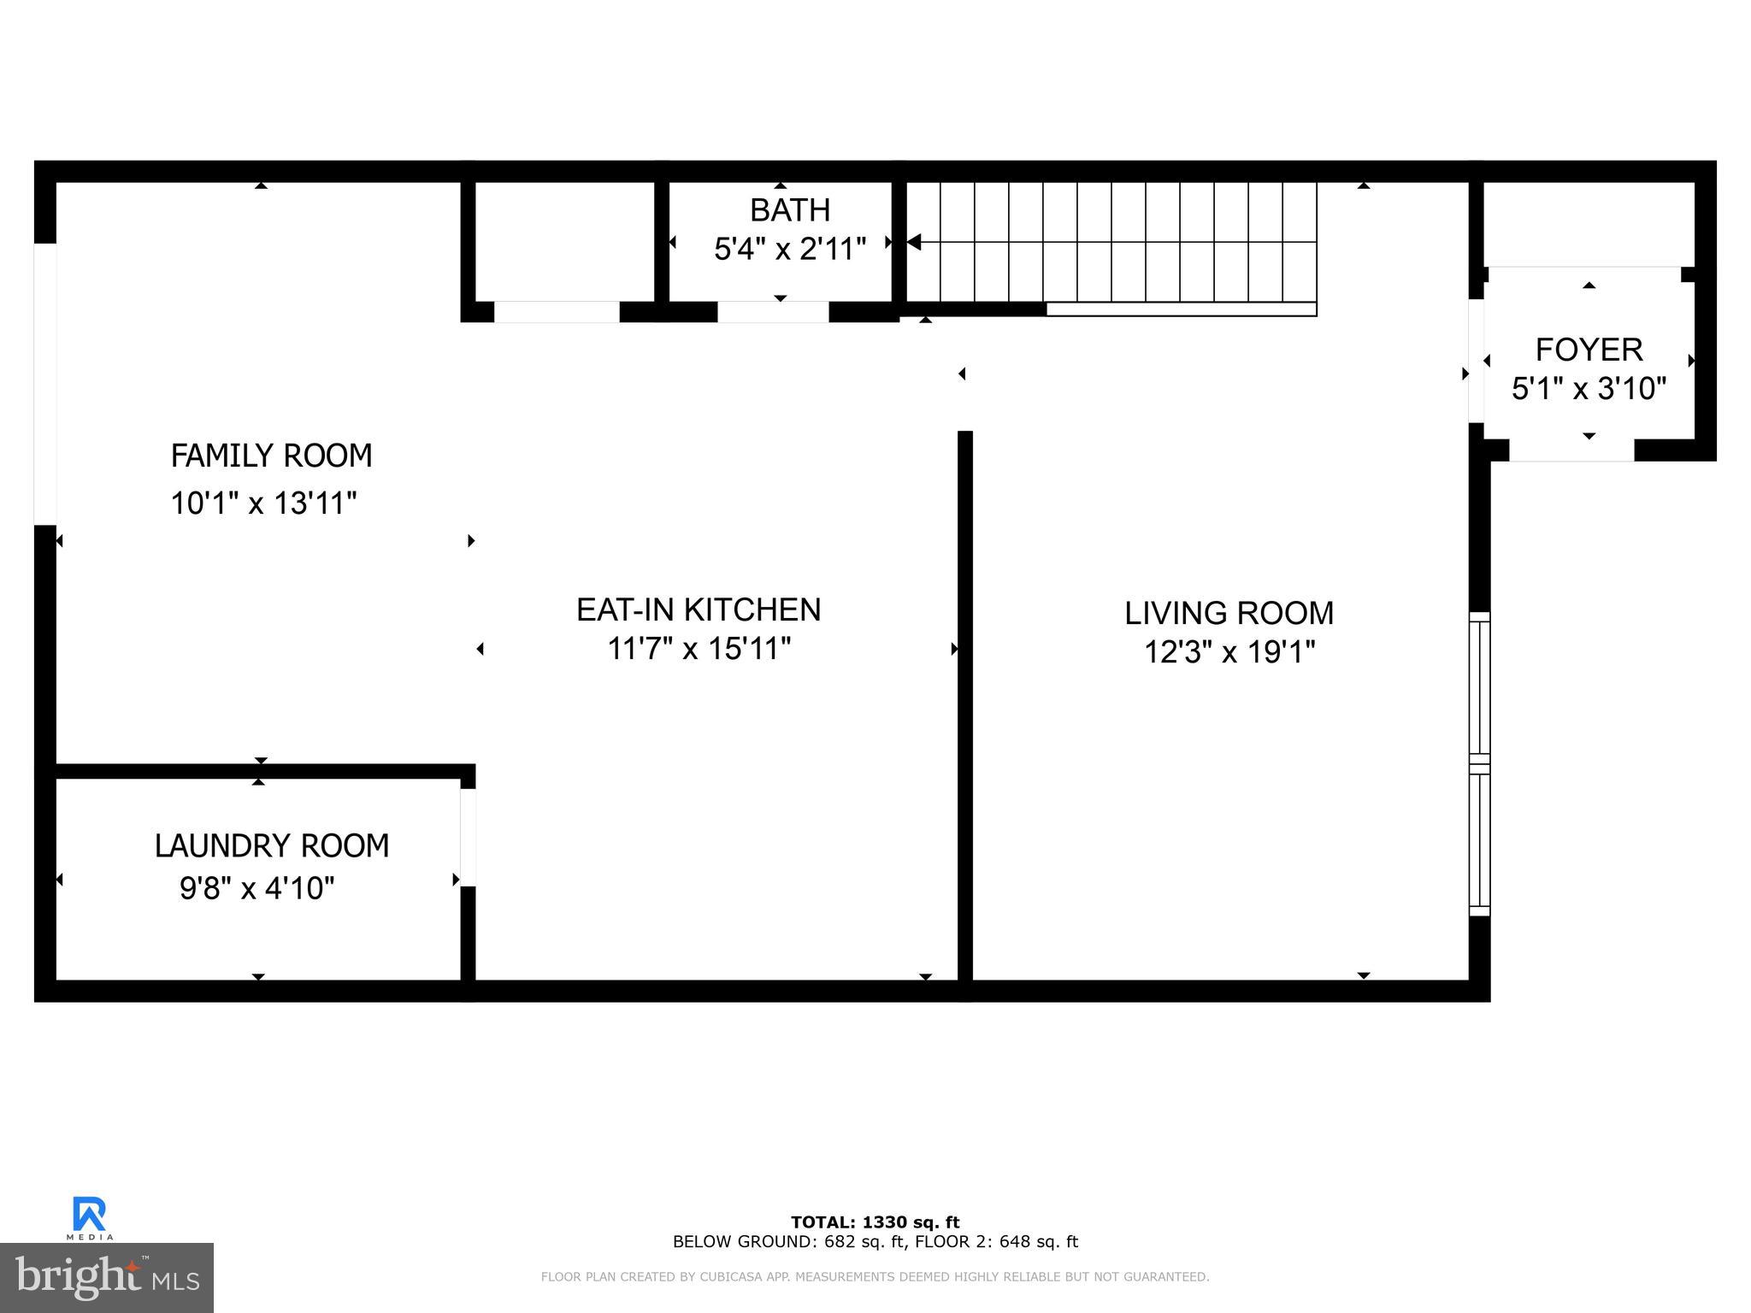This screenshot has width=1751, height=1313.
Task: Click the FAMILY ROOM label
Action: pos(271,456)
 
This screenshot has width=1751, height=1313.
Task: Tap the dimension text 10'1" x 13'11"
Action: pos(263,503)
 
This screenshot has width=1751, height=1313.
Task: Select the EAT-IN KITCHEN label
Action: pos(699,609)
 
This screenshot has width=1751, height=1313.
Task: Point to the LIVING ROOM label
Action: pos(1229,613)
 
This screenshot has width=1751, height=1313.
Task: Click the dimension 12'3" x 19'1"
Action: pos(1229,652)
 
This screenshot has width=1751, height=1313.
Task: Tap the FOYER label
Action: pos(1589,350)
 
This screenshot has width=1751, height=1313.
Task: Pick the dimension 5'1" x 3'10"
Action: pos(1589,389)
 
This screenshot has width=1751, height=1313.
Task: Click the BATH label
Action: pos(789,209)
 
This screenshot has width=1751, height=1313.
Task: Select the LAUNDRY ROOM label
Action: pos(271,845)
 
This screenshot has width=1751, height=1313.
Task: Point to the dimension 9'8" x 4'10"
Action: pos(256,888)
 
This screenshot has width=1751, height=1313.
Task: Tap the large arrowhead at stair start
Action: pos(913,242)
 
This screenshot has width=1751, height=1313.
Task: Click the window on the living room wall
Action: pos(1479,763)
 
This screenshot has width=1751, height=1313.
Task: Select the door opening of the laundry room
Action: pos(468,837)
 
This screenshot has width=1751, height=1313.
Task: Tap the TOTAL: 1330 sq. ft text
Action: pos(875,1222)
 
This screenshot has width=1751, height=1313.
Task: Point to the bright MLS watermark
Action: pos(107,1278)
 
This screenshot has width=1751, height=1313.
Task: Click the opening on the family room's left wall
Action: pos(44,384)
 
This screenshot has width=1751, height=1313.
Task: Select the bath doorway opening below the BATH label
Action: pos(772,312)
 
